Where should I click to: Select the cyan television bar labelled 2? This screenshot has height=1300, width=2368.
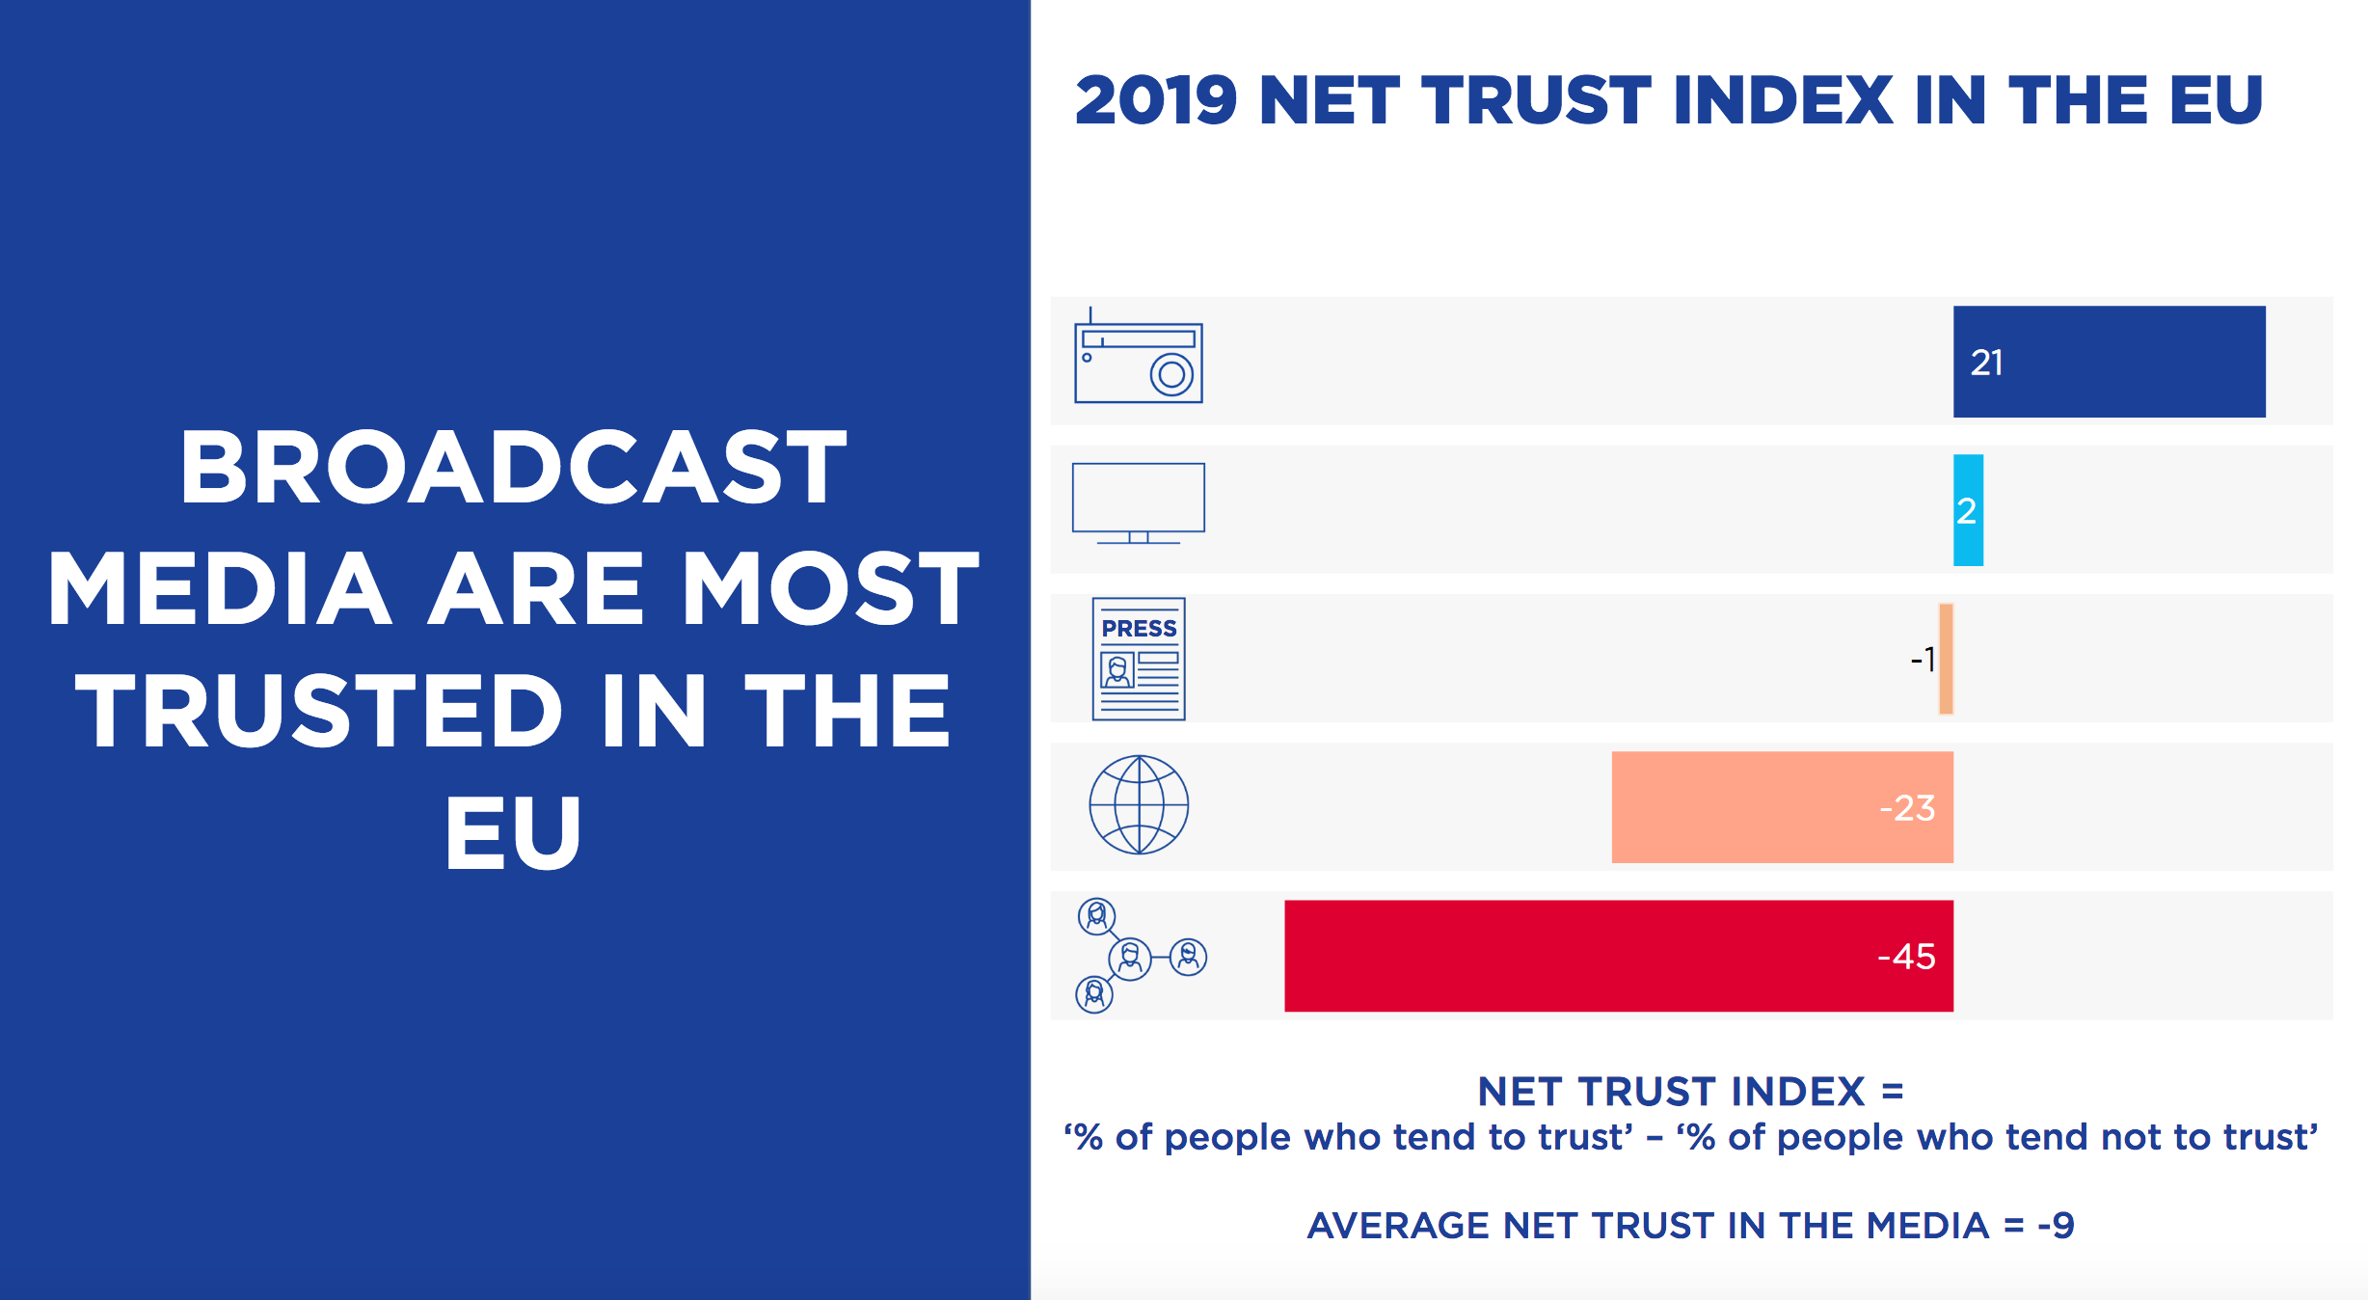[1968, 510]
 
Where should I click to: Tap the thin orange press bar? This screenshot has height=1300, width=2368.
[1946, 659]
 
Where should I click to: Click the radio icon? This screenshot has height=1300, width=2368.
[1138, 362]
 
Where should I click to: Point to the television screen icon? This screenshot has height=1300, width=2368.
[1138, 501]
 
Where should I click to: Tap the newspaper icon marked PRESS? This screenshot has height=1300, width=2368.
[1139, 659]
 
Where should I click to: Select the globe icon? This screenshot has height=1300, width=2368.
[1139, 805]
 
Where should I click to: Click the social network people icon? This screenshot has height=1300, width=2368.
[1138, 956]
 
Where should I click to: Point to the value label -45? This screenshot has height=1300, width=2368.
[1906, 957]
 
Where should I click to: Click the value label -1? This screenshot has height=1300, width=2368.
[1923, 660]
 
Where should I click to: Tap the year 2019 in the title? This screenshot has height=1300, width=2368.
[1156, 101]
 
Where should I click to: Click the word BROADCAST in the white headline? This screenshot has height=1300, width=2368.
[513, 469]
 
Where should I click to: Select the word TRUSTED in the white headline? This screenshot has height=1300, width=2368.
[318, 712]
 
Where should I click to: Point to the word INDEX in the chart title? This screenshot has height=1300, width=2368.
[1783, 101]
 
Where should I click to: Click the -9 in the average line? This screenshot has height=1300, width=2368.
[2056, 1226]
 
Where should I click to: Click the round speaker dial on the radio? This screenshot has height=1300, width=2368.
[1171, 374]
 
